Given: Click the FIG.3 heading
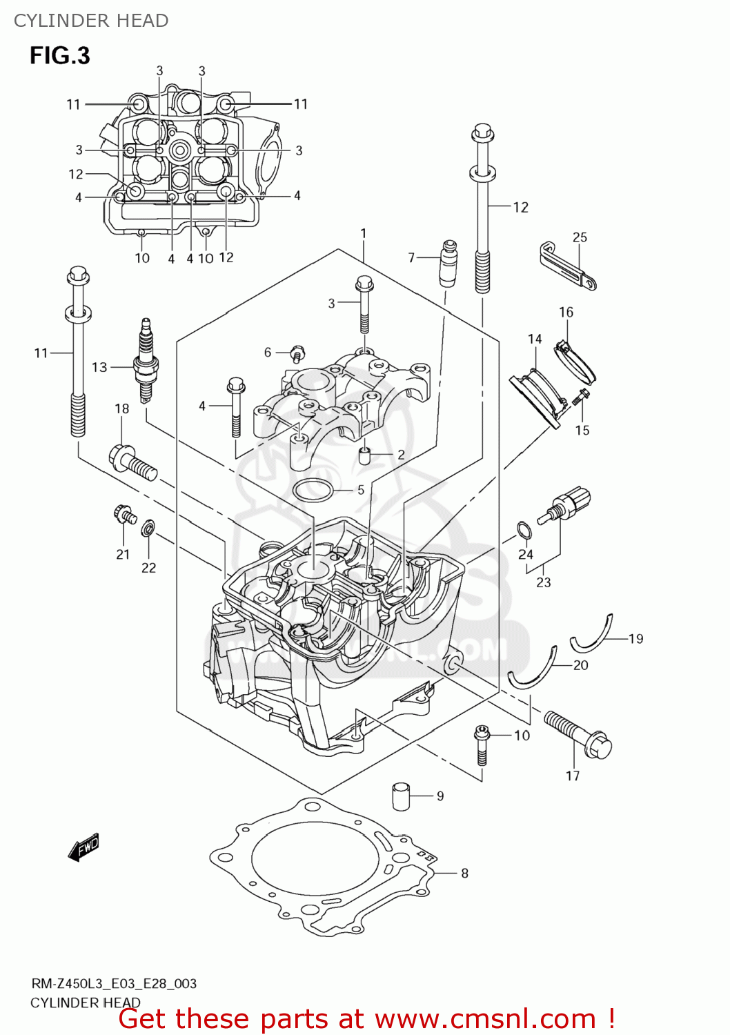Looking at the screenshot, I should click(x=59, y=55).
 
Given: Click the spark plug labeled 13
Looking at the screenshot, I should click(x=146, y=360).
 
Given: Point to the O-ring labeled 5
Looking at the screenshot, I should click(x=313, y=491).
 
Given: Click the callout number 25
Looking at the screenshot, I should click(x=580, y=237).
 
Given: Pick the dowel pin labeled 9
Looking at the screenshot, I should click(x=401, y=795).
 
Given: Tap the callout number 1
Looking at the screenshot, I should click(x=364, y=234).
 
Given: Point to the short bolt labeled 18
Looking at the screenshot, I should click(x=133, y=462).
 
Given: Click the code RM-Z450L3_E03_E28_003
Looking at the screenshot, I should click(x=113, y=983).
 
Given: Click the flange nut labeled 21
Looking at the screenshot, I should click(x=124, y=514).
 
